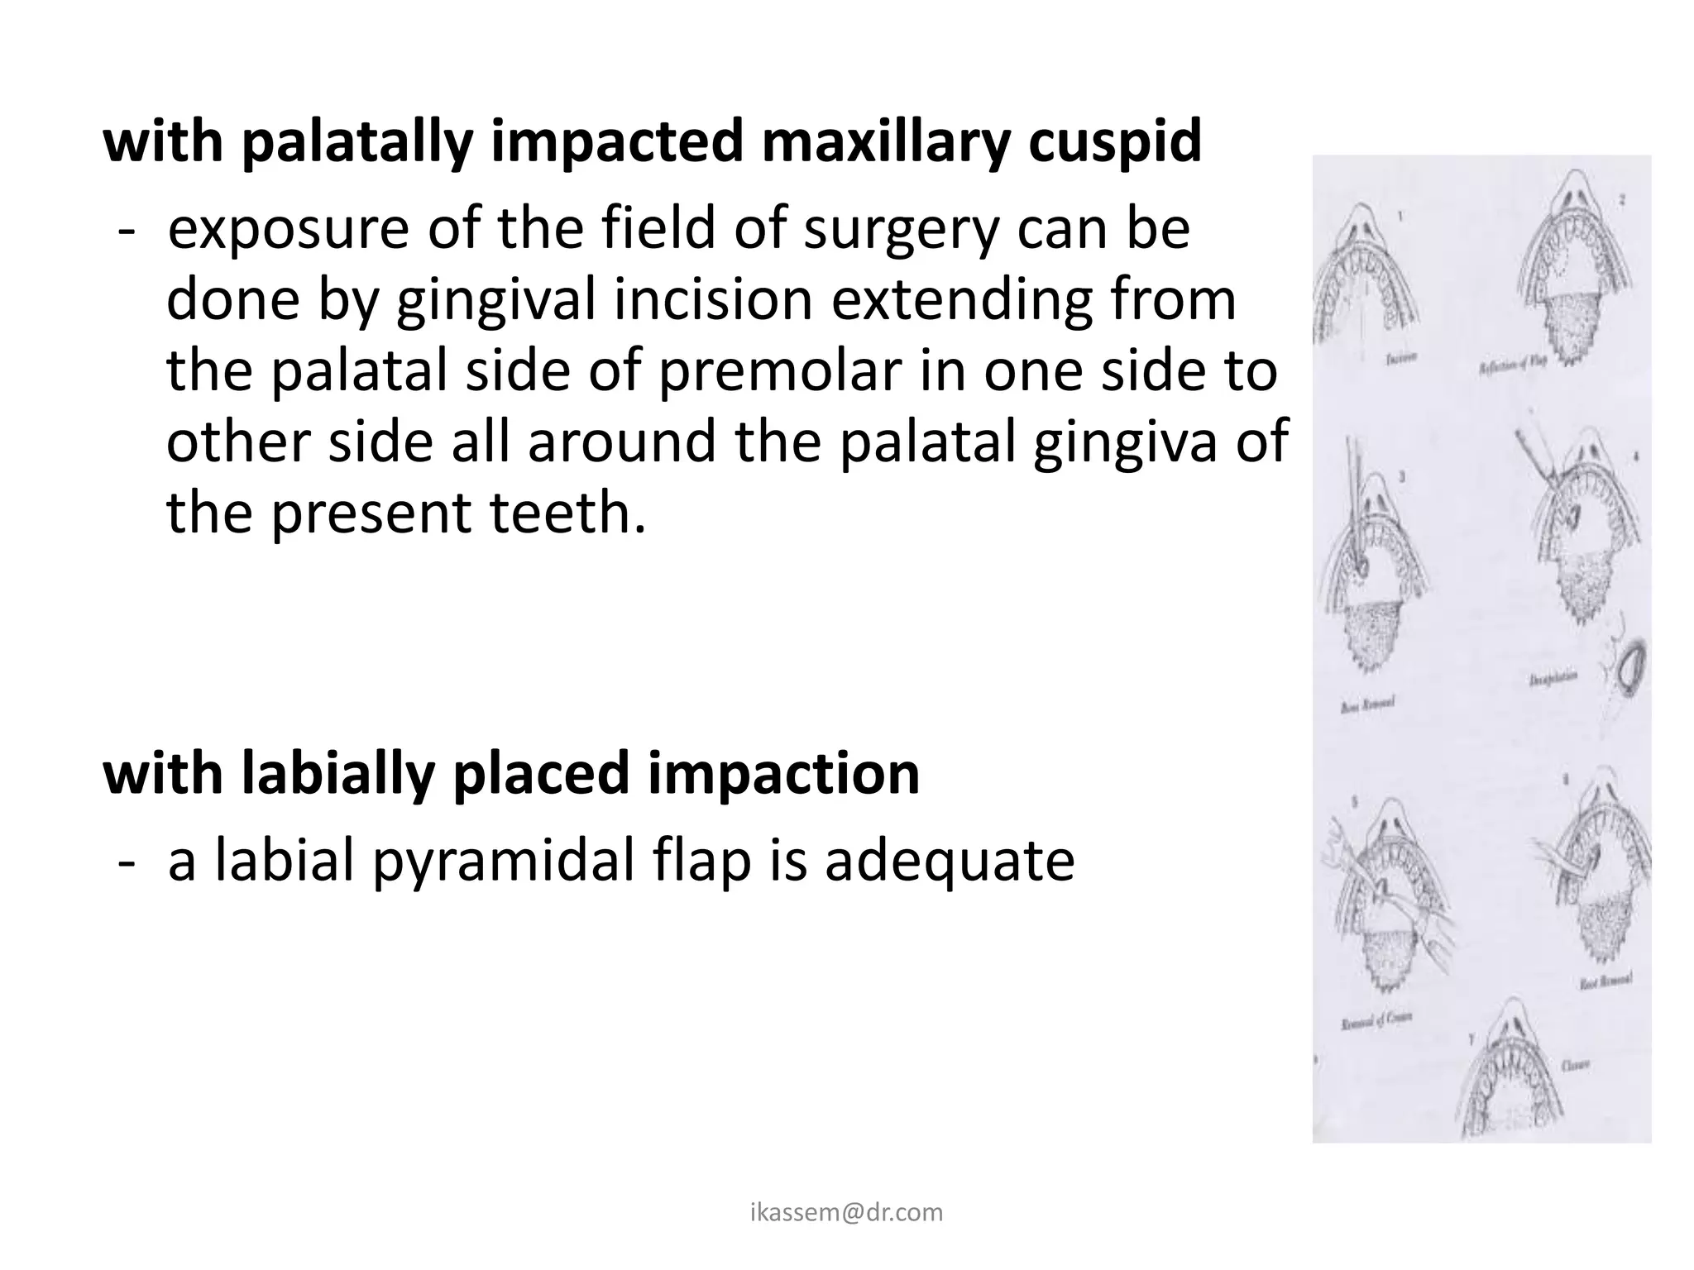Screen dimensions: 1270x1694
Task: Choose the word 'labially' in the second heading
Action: tap(338, 774)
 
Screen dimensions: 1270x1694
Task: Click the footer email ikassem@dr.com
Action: tap(846, 1213)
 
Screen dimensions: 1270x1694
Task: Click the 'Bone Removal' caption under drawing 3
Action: tap(1367, 704)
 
